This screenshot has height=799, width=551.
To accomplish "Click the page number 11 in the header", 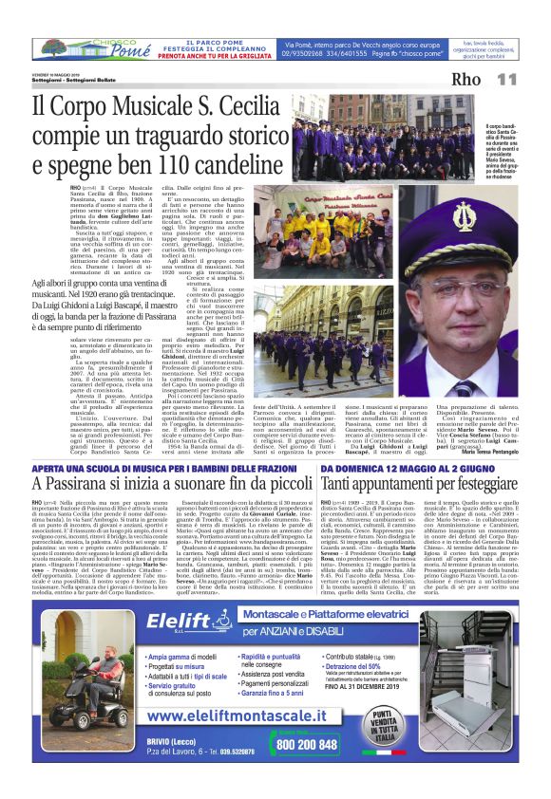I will (x=505, y=79).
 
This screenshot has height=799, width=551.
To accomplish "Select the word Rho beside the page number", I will (x=466, y=79).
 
